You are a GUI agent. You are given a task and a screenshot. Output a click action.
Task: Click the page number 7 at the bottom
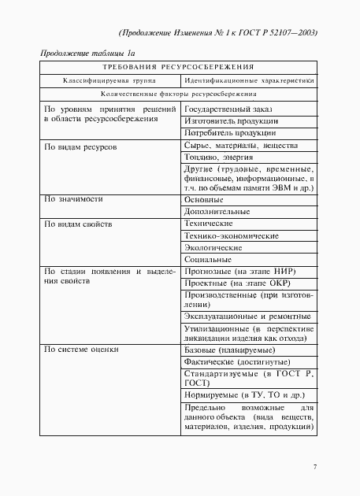pos(314,468)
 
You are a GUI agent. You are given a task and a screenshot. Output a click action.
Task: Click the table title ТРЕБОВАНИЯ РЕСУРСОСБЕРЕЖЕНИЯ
pos(180,68)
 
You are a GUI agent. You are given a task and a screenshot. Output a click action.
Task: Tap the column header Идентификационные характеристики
pos(248,80)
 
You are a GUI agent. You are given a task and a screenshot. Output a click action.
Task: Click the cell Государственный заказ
pos(228,108)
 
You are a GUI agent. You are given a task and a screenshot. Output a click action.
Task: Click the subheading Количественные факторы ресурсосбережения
pos(180,93)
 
